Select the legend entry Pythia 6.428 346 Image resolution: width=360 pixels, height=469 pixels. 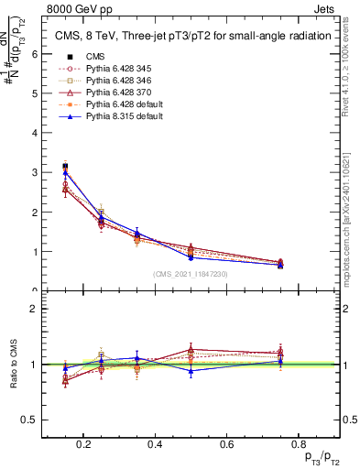pyautogui.click(x=111, y=81)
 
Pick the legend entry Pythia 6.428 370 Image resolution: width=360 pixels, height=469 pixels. pyautogui.click(x=111, y=93)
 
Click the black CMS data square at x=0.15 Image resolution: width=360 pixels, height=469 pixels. pyautogui.click(x=65, y=166)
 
